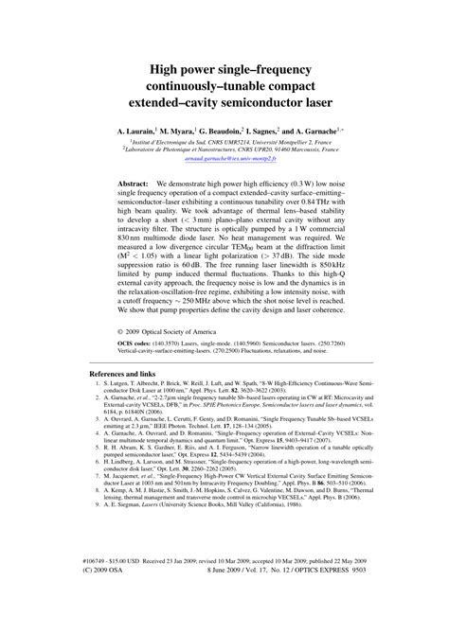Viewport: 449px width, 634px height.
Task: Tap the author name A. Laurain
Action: [137, 126]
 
